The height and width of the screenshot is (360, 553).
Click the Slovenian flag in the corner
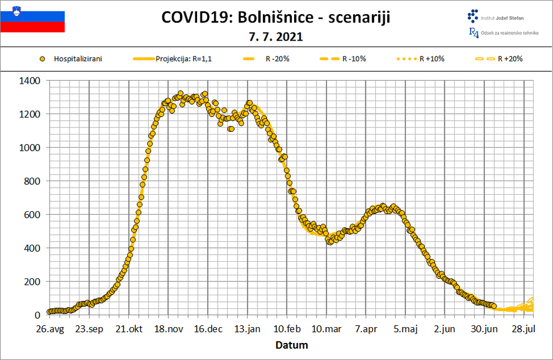[32, 21]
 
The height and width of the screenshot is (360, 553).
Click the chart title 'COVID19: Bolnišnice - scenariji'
[276, 18]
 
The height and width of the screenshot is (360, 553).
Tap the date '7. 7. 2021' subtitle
[276, 36]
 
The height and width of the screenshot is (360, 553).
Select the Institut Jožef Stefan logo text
[503, 18]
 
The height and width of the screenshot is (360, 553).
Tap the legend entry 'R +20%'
[509, 59]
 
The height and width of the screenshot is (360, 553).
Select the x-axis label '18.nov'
[168, 329]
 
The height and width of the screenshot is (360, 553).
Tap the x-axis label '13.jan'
[247, 329]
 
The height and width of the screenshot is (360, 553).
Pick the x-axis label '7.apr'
[365, 329]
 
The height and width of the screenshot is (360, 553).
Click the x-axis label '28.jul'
[524, 329]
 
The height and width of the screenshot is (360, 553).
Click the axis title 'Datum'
[292, 345]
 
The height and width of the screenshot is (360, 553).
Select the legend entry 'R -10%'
[353, 59]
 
